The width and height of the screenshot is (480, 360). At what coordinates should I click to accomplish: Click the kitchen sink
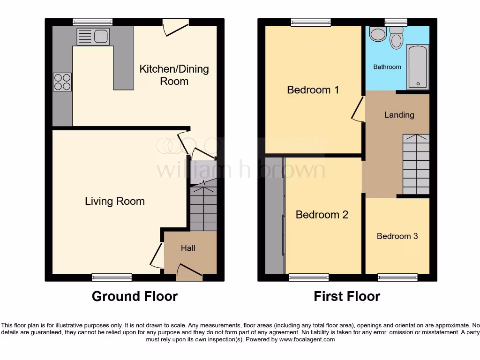(x=93, y=36)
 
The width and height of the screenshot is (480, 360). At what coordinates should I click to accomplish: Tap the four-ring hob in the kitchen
(x=62, y=82)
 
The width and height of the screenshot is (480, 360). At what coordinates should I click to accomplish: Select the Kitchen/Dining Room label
(x=174, y=75)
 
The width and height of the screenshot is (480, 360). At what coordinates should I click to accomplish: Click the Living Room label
(x=114, y=201)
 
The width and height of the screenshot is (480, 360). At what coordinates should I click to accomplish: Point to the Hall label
(x=188, y=248)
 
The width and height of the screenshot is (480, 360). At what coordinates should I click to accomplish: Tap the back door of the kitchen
(x=175, y=27)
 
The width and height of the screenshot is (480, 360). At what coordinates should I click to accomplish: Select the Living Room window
(x=112, y=277)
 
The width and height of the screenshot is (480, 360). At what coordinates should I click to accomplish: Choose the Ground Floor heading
(x=135, y=296)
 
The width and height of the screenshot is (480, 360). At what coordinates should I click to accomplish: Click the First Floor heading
(x=347, y=296)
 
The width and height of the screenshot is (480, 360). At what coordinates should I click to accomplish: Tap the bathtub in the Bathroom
(x=417, y=67)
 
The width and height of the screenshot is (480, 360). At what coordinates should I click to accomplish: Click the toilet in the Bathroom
(x=397, y=38)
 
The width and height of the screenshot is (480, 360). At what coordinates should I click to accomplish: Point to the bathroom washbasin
(x=376, y=33)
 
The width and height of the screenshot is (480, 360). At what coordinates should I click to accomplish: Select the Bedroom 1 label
(x=313, y=90)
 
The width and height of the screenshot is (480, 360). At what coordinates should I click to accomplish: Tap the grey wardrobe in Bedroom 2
(x=275, y=216)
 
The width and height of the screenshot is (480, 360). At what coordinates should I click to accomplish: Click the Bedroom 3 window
(x=397, y=277)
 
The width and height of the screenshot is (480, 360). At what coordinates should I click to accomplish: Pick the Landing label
(x=399, y=114)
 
